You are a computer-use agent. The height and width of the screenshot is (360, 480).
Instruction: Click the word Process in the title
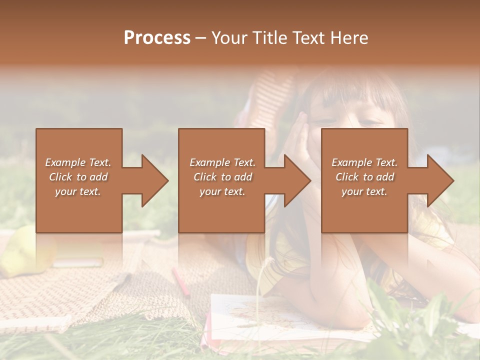(157, 37)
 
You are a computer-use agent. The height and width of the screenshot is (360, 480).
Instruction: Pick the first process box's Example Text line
(78, 162)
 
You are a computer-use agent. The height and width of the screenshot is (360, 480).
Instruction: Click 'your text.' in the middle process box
(222, 191)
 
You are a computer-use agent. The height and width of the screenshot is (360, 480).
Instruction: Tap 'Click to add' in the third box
(364, 177)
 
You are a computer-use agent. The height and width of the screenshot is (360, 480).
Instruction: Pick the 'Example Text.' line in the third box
(364, 162)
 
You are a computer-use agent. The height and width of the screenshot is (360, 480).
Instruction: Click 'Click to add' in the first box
(78, 177)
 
